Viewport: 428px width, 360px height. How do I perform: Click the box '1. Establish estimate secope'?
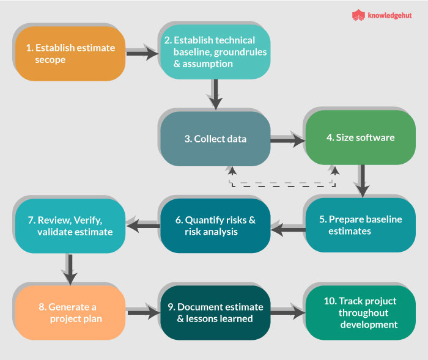(69, 54)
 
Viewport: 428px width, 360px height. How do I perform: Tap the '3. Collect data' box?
(215, 139)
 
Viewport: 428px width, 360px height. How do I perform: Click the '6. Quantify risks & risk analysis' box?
(215, 226)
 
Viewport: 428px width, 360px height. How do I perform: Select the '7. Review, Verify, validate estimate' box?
(69, 226)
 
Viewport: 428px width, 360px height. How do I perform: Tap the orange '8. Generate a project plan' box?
(69, 313)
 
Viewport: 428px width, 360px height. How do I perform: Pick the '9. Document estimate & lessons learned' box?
(215, 313)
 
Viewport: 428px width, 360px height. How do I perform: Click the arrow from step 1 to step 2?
(142, 54)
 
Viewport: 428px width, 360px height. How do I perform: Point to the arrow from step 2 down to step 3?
(215, 95)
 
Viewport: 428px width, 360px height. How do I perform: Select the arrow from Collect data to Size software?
(287, 141)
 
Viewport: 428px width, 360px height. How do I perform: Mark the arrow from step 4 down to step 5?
(361, 182)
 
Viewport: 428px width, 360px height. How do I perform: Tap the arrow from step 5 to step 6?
(287, 229)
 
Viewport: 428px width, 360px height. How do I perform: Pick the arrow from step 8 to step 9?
(142, 313)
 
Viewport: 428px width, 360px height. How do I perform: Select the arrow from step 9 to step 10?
(287, 313)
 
